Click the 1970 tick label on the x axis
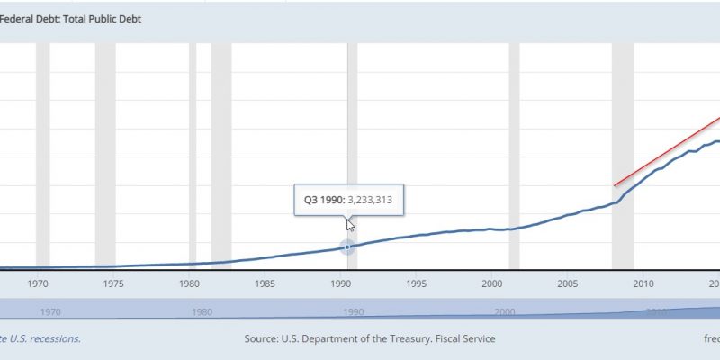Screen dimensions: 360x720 [37, 283]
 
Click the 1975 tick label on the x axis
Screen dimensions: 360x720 [112, 283]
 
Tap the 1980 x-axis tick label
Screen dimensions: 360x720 [188, 283]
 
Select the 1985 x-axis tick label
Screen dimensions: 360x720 [265, 283]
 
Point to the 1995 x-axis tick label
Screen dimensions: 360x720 [416, 283]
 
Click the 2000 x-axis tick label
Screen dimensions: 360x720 [491, 283]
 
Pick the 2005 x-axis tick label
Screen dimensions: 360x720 [567, 283]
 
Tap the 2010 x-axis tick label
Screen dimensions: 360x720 [643, 283]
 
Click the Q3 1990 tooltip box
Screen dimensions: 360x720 [349, 200]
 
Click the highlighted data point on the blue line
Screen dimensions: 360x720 [348, 247]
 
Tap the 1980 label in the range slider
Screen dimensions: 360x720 [202, 311]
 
